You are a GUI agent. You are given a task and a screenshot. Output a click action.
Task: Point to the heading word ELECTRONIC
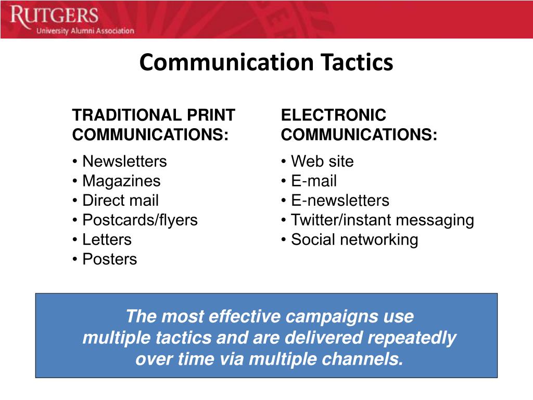334,115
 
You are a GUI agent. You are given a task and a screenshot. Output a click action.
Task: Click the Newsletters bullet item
124,161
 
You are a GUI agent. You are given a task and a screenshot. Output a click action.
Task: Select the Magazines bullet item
121,181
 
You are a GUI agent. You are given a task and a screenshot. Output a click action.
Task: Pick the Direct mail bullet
120,201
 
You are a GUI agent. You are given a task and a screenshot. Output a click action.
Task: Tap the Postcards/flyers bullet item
139,220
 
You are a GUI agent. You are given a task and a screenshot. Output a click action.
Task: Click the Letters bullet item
107,240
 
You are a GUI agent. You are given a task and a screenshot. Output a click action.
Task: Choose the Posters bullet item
109,259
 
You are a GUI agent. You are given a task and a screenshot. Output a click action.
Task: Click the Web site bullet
322,161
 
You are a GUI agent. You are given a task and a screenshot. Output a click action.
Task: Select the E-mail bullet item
313,181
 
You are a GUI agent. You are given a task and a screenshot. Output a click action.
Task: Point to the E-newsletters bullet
339,201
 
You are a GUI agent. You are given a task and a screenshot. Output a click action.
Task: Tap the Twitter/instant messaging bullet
382,220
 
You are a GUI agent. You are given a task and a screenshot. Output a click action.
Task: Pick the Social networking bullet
354,240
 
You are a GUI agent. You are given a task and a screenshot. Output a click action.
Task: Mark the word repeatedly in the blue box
412,338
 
